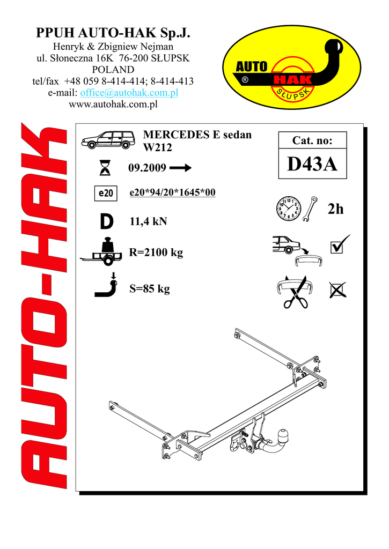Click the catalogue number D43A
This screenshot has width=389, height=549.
(x=312, y=165)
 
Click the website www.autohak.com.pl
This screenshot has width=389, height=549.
(x=113, y=104)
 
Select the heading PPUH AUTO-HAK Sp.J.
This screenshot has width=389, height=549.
(x=113, y=34)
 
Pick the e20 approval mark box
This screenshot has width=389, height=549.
(x=106, y=194)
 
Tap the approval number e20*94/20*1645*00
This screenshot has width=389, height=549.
(x=173, y=193)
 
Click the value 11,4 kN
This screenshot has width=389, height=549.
(x=148, y=221)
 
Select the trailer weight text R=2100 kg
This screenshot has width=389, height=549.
(x=156, y=253)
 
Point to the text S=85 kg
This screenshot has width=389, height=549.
(x=150, y=289)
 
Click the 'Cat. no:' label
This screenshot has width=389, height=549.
(x=312, y=141)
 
